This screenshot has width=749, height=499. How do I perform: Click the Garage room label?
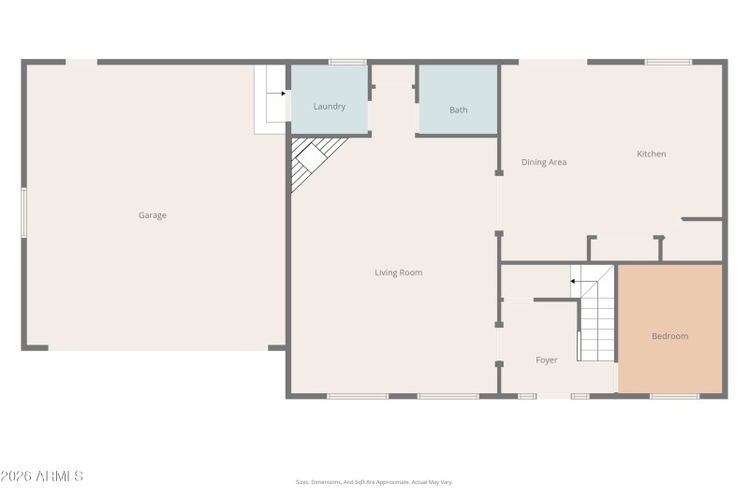pos(153,215)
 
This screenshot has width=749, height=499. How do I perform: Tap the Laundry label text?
pos(330,107)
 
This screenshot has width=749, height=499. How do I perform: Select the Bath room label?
pos(458,110)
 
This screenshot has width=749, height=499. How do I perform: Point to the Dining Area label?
pos(544,163)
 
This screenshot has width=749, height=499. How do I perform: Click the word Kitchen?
pos(652,154)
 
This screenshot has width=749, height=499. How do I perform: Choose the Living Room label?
pos(399,273)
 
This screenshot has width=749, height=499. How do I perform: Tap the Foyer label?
pos(547,360)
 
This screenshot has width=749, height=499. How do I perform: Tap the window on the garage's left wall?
pos(23,213)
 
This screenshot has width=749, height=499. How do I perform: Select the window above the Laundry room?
pos(347,62)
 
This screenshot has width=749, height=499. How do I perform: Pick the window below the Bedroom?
pos(674,396)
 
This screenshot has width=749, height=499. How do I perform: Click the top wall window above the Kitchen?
pos(668,62)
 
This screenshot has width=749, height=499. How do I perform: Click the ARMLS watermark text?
pos(42,477)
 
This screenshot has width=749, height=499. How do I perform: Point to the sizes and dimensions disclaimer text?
pos(374,482)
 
